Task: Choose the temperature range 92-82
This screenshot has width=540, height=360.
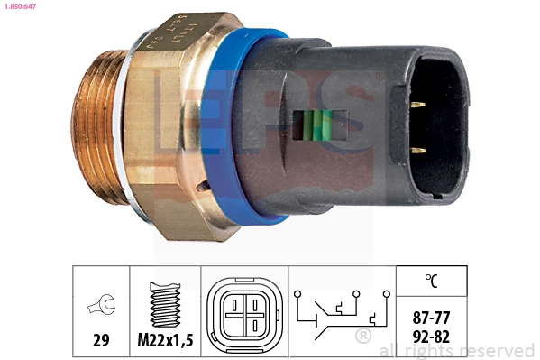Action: pos(431,336)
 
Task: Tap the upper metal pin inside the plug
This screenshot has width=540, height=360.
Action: pos(417,106)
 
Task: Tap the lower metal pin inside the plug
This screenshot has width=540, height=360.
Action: pos(417,150)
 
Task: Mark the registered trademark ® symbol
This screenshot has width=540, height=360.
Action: pos(363,337)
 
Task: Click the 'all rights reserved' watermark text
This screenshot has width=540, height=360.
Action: pos(457,351)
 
